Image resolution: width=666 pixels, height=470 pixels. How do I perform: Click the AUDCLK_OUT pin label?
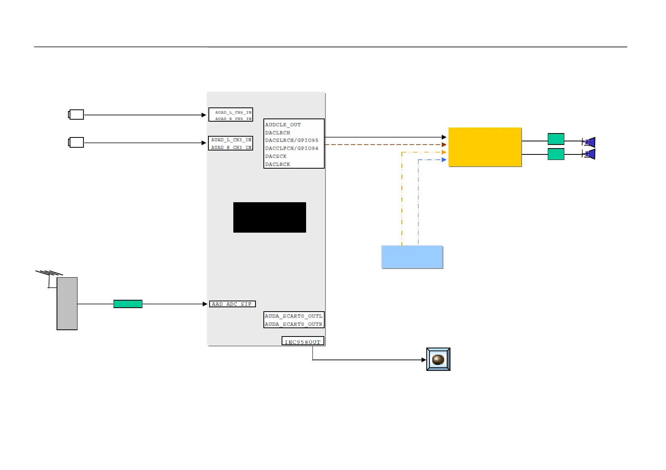(283, 125)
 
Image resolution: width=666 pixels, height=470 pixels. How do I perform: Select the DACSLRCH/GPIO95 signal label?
(291, 140)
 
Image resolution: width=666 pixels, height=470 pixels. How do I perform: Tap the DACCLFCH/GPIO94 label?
(291, 149)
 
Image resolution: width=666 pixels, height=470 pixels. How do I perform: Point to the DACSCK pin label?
(276, 156)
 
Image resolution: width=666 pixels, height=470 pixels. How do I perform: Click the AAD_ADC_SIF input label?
(232, 304)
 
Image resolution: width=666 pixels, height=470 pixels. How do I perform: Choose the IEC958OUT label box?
(303, 342)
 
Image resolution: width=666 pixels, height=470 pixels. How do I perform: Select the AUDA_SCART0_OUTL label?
(293, 316)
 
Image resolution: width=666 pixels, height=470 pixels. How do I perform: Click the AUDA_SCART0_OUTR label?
(293, 324)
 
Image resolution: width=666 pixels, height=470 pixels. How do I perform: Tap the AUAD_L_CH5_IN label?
(233, 113)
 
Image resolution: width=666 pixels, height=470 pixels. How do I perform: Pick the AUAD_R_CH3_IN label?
(231, 148)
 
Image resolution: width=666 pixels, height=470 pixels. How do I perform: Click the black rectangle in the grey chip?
(269, 217)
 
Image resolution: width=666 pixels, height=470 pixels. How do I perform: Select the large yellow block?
(485, 147)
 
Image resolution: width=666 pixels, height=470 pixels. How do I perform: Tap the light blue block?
(412, 257)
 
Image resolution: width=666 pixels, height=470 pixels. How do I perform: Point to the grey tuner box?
(67, 303)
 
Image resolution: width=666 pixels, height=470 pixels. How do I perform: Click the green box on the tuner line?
(128, 304)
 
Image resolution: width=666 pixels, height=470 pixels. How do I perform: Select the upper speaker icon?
(589, 142)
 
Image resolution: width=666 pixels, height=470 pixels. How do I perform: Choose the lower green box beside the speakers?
(556, 154)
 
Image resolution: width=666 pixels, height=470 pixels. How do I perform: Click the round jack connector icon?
(438, 359)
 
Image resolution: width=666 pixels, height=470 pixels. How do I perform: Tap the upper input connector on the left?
(76, 115)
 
